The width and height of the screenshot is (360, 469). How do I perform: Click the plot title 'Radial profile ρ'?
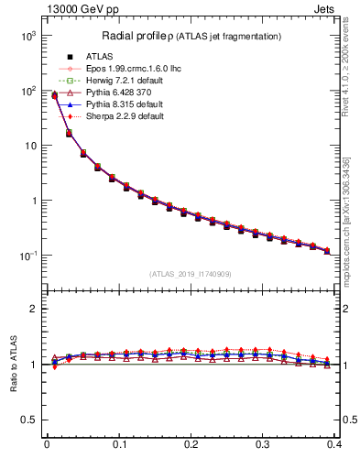(137, 36)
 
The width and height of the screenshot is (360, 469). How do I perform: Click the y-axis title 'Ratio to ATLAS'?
(13, 364)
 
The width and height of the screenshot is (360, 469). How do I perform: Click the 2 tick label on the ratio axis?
(35, 309)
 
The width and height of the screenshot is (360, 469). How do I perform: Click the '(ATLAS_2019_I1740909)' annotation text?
(191, 274)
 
